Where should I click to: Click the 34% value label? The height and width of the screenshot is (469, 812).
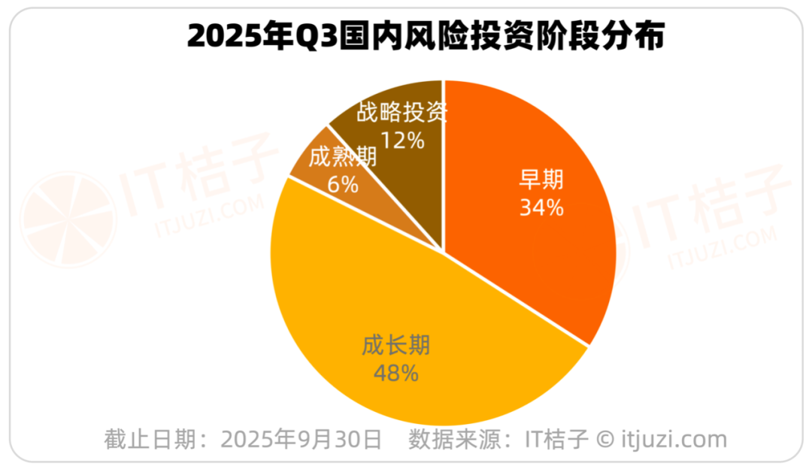541,207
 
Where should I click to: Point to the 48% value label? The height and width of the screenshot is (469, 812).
395,372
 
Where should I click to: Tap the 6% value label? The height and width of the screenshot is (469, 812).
343,183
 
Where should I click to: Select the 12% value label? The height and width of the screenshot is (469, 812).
403,140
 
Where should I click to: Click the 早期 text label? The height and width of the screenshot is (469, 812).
542,180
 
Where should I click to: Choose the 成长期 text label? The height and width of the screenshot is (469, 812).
395,346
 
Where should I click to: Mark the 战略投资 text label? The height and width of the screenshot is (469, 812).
402,113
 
